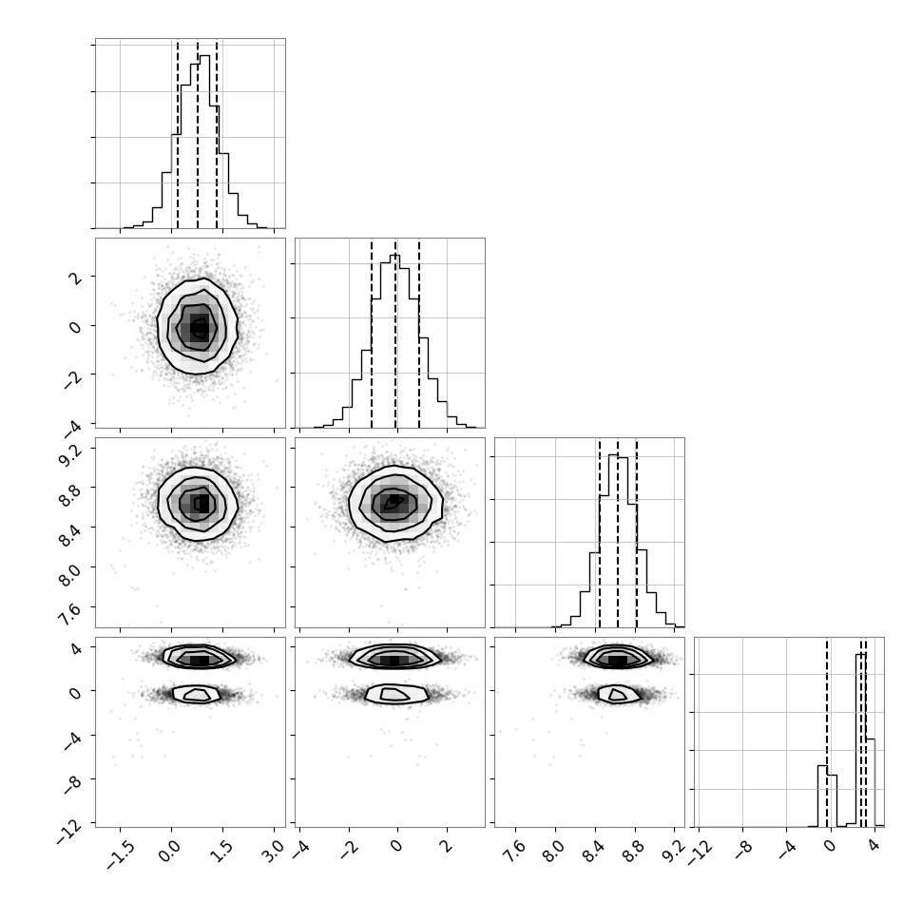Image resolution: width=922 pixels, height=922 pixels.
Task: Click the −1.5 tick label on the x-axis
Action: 120,852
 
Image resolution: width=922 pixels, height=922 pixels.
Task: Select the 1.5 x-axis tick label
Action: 223,850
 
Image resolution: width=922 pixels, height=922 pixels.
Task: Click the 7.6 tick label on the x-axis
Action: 516,850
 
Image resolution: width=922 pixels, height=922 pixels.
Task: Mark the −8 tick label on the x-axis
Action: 742,850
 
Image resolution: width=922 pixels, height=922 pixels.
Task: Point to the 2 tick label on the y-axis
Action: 75,278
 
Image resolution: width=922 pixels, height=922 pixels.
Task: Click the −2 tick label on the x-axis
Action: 348,850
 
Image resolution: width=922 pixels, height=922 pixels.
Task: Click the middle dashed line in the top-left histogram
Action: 198,134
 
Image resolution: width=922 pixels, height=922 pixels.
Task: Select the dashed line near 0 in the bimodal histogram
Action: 827,733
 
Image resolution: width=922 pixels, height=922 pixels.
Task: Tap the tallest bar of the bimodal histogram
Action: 861,740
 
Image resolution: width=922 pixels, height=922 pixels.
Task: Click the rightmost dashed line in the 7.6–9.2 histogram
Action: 636,533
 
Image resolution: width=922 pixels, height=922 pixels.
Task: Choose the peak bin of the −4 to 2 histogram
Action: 395,341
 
